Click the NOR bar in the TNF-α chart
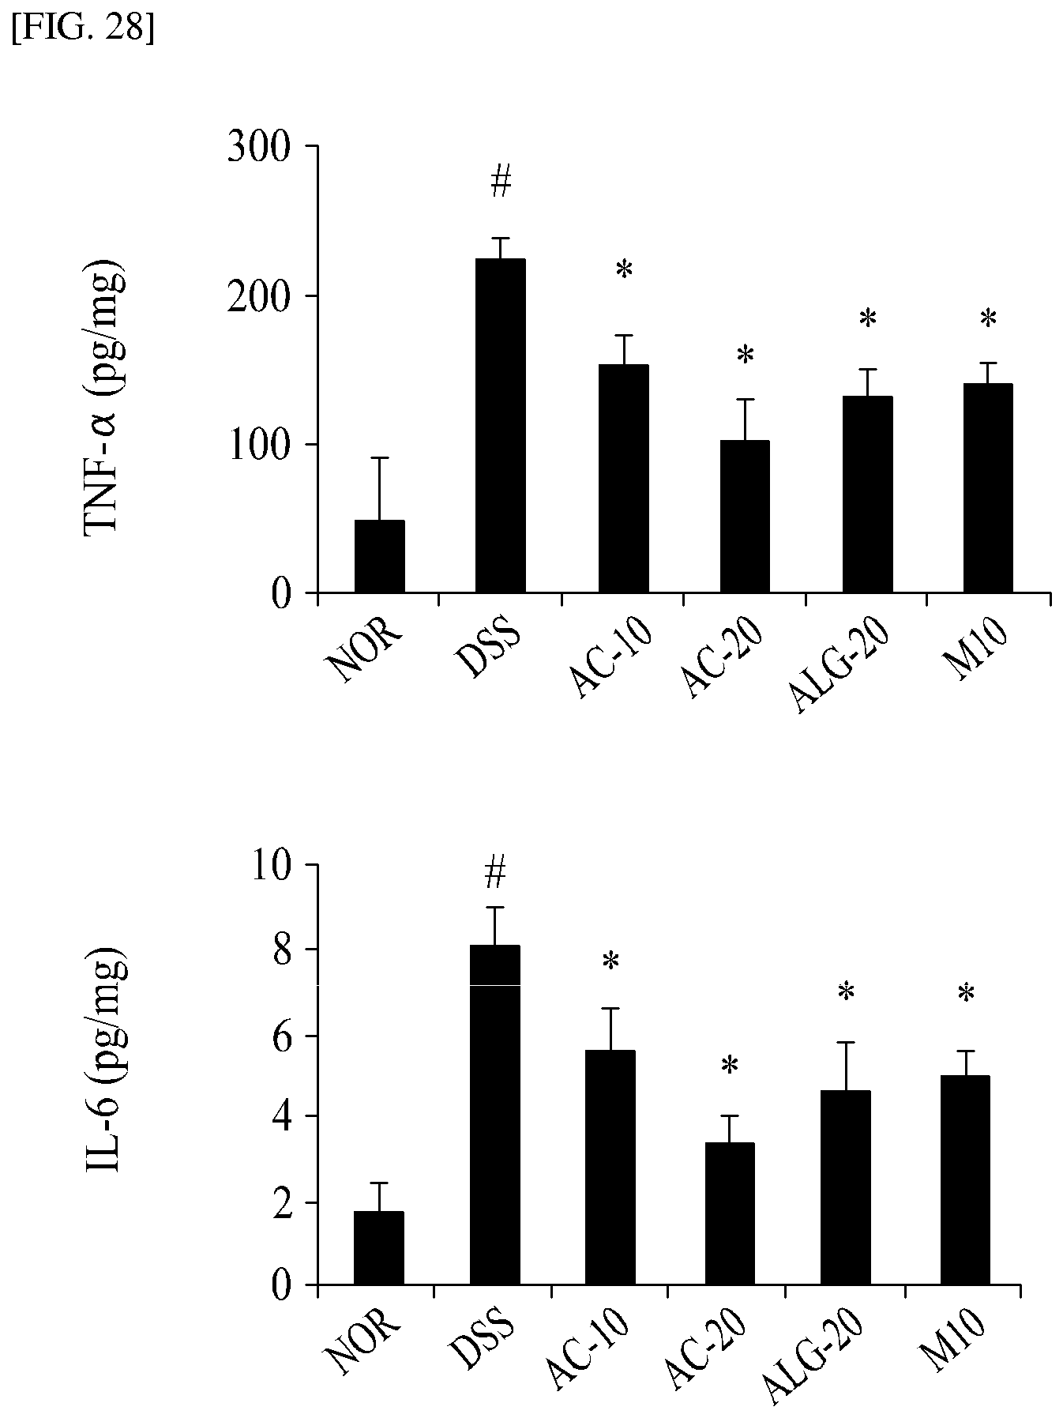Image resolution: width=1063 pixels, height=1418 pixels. tap(379, 556)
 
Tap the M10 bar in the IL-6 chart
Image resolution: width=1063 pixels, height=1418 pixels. tap(965, 1180)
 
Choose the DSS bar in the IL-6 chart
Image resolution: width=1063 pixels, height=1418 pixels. tap(495, 1115)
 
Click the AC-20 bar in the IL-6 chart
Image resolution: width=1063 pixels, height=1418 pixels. tap(730, 1214)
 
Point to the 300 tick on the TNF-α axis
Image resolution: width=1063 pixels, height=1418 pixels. tap(312, 146)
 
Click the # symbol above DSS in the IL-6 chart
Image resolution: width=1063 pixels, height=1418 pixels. tap(495, 874)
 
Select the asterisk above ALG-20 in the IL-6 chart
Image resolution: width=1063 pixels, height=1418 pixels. tap(847, 992)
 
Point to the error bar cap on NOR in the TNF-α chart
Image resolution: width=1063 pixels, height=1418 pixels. tap(379, 458)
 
